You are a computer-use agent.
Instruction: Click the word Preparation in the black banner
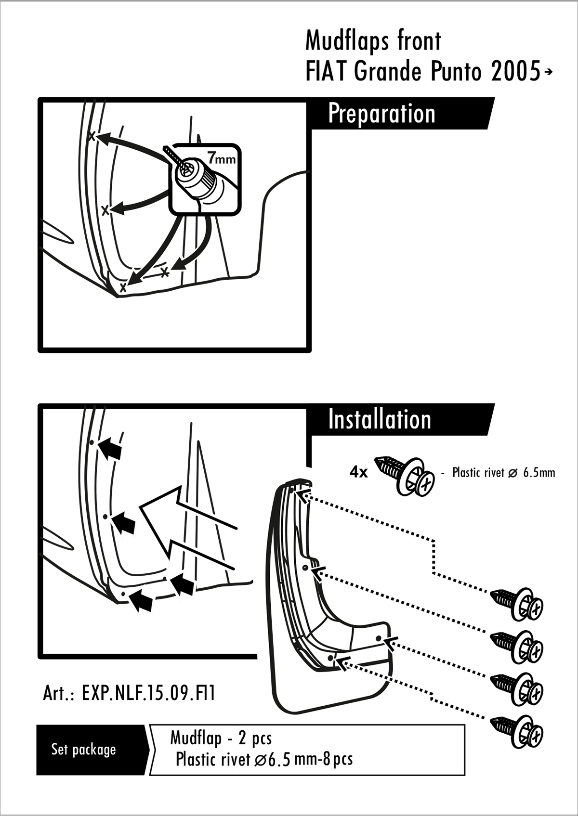381,114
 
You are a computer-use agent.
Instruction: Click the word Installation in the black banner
380,419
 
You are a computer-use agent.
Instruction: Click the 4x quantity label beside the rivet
359,472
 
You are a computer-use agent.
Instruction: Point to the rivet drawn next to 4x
405,475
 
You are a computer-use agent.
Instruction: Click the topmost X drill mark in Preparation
92,136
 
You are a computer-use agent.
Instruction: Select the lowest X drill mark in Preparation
123,287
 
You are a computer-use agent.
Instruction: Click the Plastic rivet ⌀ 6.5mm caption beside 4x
503,473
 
